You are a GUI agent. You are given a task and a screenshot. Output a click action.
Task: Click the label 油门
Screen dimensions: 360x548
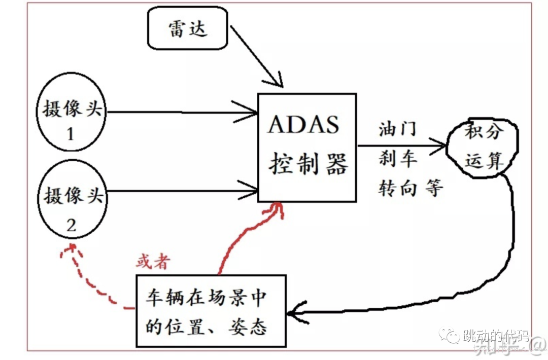coord(398,129)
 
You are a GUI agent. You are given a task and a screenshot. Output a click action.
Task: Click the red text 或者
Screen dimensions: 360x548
coord(153,262)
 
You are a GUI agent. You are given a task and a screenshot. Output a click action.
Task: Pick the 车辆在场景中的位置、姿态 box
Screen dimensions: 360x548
coord(211,311)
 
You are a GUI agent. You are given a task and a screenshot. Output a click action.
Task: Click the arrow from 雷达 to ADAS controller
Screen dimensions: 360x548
coord(256,57)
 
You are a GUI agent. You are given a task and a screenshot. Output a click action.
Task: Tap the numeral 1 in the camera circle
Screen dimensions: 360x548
coord(71,134)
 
